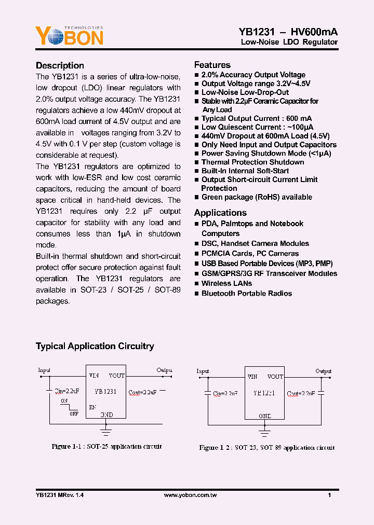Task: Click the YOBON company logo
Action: [x=69, y=36]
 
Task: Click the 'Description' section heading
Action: [x=60, y=65]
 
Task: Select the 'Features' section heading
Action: [x=212, y=65]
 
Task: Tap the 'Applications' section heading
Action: [x=220, y=213]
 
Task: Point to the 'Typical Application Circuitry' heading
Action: [x=95, y=346]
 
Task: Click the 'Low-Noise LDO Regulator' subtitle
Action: [x=289, y=42]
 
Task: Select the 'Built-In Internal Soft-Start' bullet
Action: [x=245, y=171]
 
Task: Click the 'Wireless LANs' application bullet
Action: [x=226, y=283]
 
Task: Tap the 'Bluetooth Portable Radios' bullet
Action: [x=246, y=293]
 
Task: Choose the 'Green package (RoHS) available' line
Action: [x=256, y=197]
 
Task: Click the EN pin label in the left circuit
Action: [x=92, y=407]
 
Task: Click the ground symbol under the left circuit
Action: [x=106, y=429]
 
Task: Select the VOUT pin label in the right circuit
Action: [x=275, y=377]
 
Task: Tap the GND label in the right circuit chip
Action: [x=265, y=416]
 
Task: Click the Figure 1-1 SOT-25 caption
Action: [x=106, y=447]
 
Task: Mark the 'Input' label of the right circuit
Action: [x=203, y=371]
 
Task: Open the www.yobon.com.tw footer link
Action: [x=190, y=495]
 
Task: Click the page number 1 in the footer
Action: [x=330, y=495]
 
